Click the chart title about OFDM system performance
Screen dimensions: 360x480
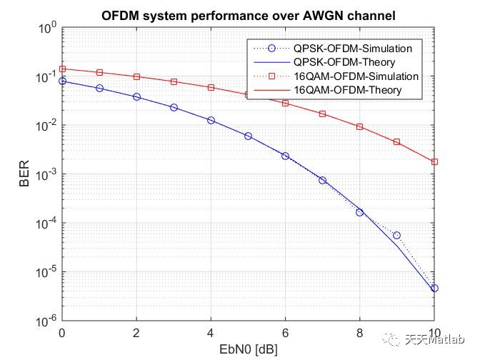[249, 14]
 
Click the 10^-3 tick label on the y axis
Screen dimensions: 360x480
[47, 174]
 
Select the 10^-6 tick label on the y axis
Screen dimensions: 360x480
[47, 321]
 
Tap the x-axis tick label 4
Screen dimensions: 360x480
[211, 332]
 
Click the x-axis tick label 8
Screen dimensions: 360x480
[359, 332]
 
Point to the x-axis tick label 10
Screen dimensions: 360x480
[434, 332]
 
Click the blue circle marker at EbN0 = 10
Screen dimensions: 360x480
[434, 288]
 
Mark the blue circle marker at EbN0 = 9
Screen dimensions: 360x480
[396, 235]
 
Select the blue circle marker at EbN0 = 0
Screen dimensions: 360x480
[62, 81]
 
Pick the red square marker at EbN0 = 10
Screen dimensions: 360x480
[434, 162]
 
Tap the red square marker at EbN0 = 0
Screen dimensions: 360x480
[62, 69]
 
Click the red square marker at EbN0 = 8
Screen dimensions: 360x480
[359, 126]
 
